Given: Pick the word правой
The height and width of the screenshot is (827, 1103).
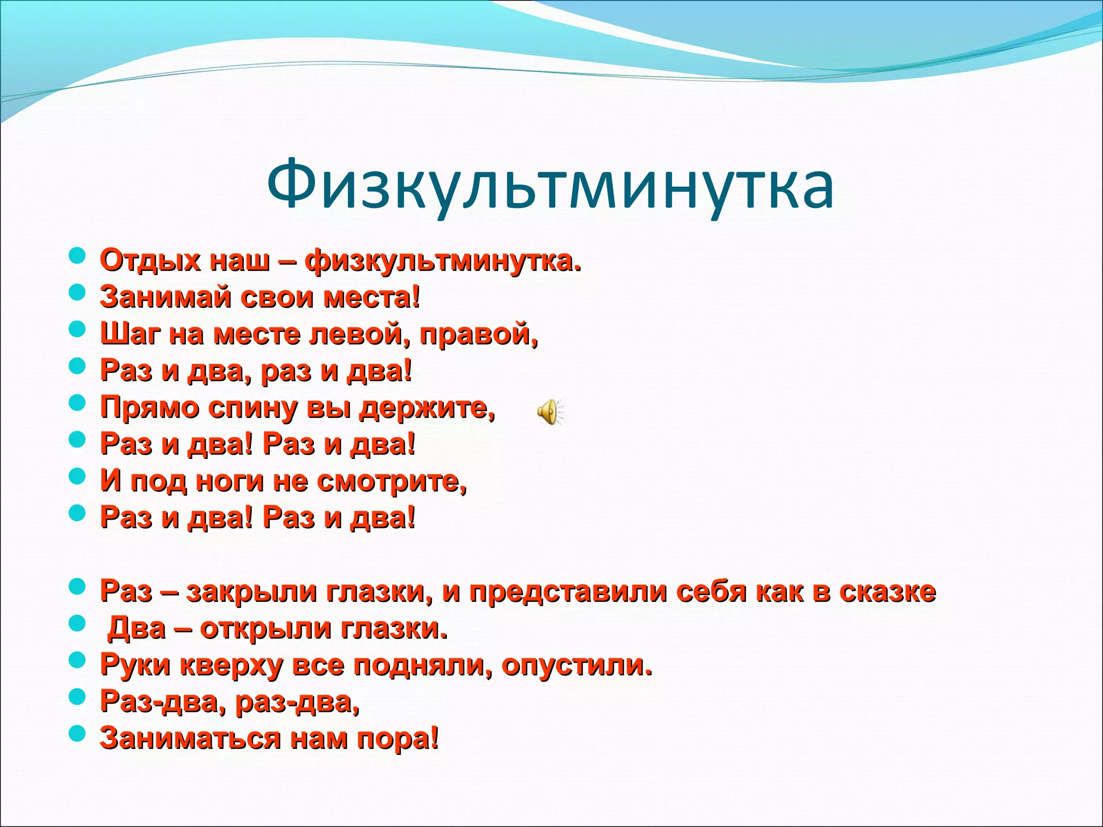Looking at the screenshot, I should click(478, 334).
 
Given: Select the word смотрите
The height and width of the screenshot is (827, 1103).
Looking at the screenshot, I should click(390, 481).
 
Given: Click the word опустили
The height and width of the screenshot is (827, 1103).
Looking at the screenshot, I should click(576, 665).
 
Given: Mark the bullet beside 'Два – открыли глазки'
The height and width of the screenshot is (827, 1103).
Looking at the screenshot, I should click(78, 623).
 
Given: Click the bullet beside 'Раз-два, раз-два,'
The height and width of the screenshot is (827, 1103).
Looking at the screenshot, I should click(78, 697).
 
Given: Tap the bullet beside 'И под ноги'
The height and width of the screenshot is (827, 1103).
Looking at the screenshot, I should click(78, 476).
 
